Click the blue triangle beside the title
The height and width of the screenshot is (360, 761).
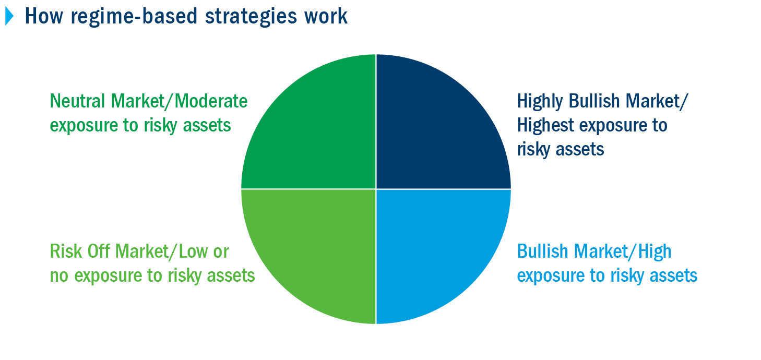coord(9,16)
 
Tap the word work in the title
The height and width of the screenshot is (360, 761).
coord(326,16)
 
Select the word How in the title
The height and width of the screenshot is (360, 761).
coord(44,16)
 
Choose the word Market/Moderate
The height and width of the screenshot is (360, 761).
coord(180,101)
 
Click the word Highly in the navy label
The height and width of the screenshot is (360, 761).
coord(540,102)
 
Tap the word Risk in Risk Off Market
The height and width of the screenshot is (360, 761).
coord(66,251)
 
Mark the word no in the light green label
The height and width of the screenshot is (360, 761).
coord(59,276)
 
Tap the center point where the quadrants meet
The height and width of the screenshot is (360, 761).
coord(376,189)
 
